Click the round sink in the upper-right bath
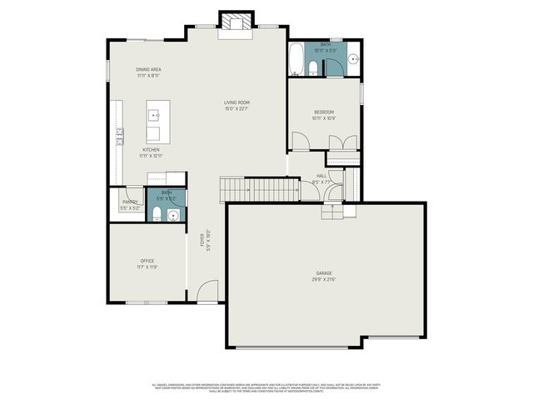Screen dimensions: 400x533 pyautogui.click(x=352, y=59)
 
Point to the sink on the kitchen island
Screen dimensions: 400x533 pyautogui.click(x=154, y=114)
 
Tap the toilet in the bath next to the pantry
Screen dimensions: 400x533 pyautogui.click(x=157, y=215)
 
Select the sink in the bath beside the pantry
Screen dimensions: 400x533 pyautogui.click(x=173, y=215)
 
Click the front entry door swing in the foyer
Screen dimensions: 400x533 pyautogui.click(x=208, y=292)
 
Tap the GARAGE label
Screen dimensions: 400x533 pyautogui.click(x=324, y=272)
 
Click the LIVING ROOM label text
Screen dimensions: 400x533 pyautogui.click(x=237, y=102)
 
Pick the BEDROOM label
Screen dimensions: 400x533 pyautogui.click(x=324, y=112)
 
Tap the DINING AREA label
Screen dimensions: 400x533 pyautogui.click(x=149, y=69)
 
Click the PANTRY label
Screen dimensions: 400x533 pyautogui.click(x=130, y=202)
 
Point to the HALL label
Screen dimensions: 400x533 pyautogui.click(x=321, y=176)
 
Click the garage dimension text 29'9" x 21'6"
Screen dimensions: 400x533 pyautogui.click(x=324, y=278)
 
